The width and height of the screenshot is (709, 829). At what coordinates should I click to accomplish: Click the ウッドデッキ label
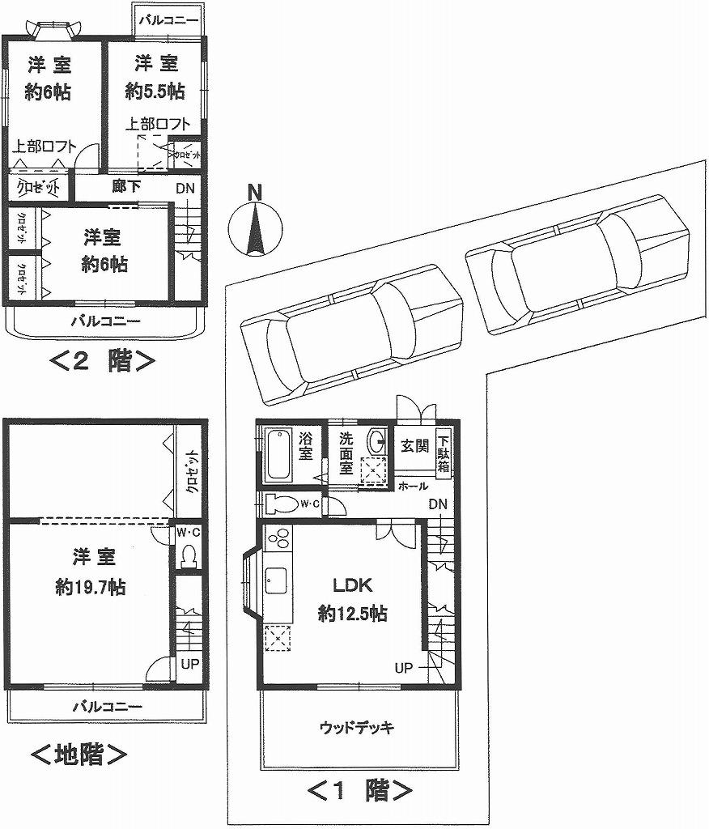click(357, 727)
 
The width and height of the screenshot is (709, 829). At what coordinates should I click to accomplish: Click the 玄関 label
click(414, 446)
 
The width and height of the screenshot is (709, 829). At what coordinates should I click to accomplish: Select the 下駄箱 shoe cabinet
click(444, 454)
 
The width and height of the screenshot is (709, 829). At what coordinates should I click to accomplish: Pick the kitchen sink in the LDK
click(275, 581)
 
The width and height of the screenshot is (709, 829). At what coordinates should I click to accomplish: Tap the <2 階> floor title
click(103, 360)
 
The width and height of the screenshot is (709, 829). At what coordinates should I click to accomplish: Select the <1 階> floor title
click(361, 789)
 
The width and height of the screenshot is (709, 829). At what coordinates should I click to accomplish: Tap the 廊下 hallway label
click(126, 187)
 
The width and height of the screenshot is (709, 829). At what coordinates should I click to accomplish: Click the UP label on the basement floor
click(189, 663)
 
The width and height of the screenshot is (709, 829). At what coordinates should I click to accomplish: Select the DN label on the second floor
click(184, 189)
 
